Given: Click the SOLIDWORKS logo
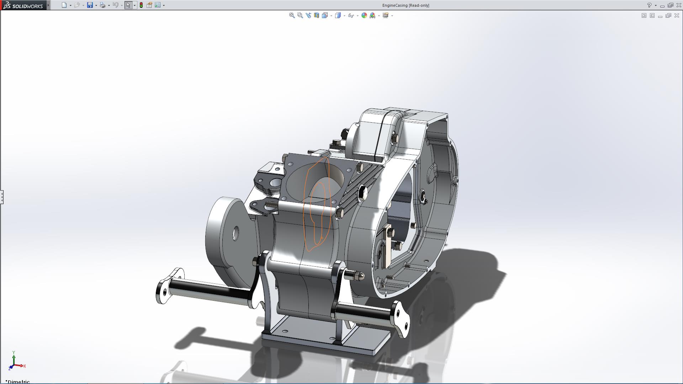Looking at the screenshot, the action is coord(23,5).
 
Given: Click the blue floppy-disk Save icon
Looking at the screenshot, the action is coord(90,5).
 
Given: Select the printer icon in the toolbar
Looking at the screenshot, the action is coord(102,5).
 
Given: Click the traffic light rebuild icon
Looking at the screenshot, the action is coord(141,5).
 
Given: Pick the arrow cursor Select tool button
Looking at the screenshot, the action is coord(128,5).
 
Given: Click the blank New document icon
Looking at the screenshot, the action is coord(64,5).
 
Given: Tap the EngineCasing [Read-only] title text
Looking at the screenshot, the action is coord(406,5).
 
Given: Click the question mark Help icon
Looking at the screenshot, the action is coord(649,5).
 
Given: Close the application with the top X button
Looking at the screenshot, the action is coord(678,5).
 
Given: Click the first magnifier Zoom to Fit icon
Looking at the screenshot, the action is coord(292,15).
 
